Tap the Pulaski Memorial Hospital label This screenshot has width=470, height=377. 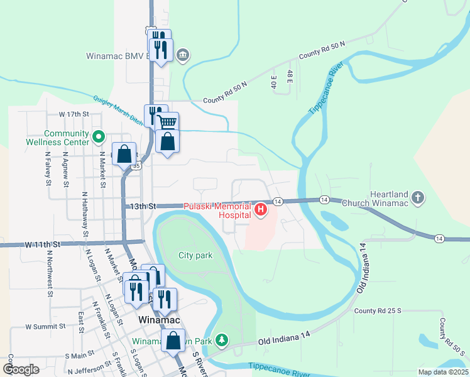pos(217,210)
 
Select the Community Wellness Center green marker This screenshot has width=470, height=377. pos(98,136)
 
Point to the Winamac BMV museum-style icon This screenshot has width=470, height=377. pos(182,55)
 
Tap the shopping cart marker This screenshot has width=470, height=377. pos(167,123)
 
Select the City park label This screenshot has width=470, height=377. pos(195,255)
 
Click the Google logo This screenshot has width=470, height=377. pos(21,369)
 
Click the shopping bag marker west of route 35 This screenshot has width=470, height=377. pos(124,153)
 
